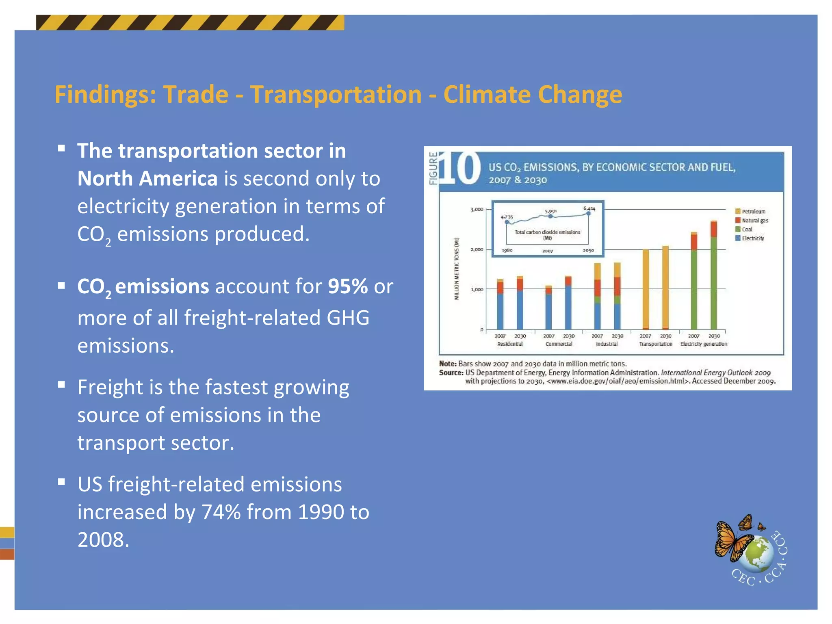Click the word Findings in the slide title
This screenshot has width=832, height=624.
(x=105, y=95)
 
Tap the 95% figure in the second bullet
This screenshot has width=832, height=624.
(x=347, y=286)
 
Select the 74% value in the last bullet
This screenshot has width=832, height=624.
(x=221, y=512)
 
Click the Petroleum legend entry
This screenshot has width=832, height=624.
(x=753, y=212)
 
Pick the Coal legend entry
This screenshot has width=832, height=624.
(x=747, y=230)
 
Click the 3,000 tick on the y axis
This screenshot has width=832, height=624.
(x=477, y=210)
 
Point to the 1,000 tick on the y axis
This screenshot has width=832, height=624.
(x=477, y=290)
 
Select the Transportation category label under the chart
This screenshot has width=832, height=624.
(x=655, y=344)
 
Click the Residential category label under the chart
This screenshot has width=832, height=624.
(x=510, y=344)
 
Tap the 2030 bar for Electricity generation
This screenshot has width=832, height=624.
(x=714, y=276)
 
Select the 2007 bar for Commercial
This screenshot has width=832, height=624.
(x=548, y=309)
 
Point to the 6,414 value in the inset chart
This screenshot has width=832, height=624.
(x=589, y=208)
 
